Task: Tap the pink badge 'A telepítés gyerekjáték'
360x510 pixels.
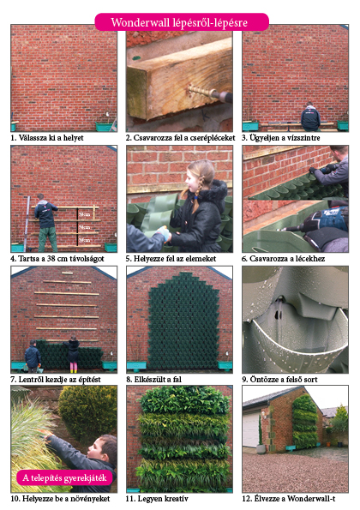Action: click(x=65, y=477)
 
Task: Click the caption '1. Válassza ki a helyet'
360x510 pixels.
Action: click(x=47, y=138)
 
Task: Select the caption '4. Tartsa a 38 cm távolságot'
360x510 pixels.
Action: click(x=57, y=259)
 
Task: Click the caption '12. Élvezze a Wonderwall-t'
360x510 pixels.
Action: click(x=289, y=499)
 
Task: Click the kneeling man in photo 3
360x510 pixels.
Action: click(x=310, y=117)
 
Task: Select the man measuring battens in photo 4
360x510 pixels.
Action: click(x=46, y=223)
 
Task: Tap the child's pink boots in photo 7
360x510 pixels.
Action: click(x=73, y=368)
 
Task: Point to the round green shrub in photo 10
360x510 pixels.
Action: click(x=88, y=412)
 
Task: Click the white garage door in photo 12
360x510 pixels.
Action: click(x=251, y=430)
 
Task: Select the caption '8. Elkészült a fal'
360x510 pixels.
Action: click(x=153, y=380)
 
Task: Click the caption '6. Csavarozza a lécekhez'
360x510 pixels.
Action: click(x=283, y=259)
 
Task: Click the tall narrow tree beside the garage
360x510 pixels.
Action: click(x=261, y=430)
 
